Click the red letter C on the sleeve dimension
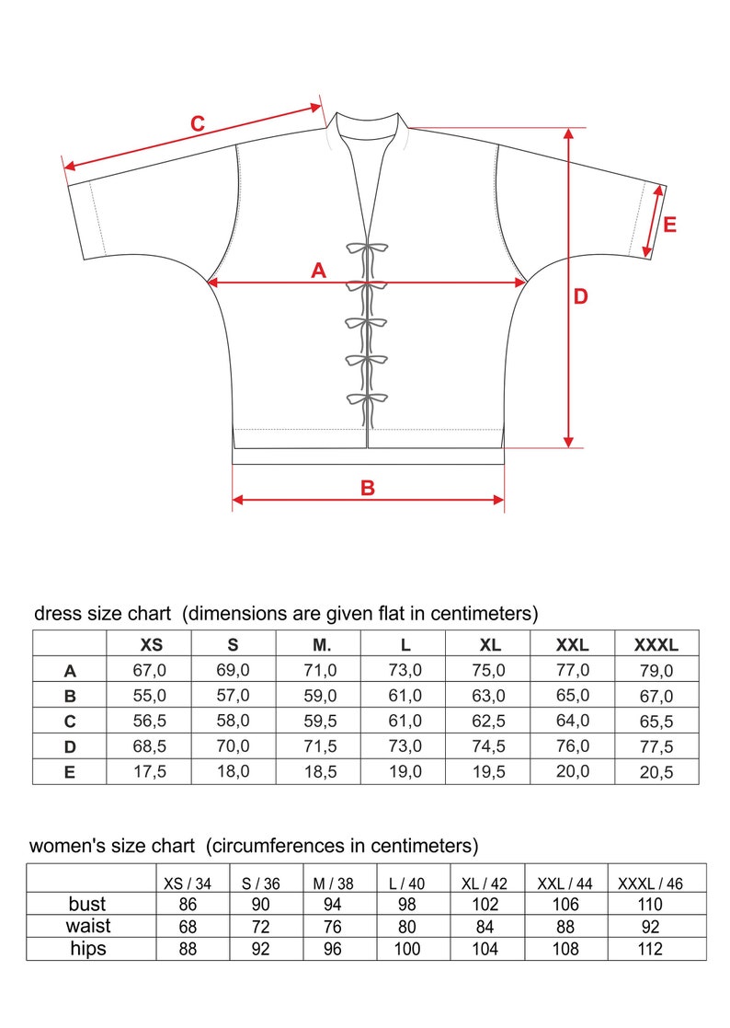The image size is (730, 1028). click(197, 123)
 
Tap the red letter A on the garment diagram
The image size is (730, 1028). click(319, 271)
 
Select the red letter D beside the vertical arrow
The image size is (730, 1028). click(580, 296)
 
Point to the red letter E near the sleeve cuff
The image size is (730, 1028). click(669, 224)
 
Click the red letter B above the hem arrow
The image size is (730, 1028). click(368, 488)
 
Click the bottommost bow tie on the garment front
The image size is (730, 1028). click(366, 400)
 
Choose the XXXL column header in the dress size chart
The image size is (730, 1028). click(656, 645)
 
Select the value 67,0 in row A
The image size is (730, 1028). click(149, 671)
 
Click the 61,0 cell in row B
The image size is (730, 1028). click(405, 696)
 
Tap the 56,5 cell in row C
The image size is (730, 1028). click(149, 721)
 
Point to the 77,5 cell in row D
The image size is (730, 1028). click(656, 746)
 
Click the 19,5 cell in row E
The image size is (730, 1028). click(488, 772)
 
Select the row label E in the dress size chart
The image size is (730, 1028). click(70, 772)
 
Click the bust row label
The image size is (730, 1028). click(88, 903)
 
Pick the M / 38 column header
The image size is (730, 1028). click(334, 884)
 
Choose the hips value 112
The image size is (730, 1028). click(649, 948)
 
